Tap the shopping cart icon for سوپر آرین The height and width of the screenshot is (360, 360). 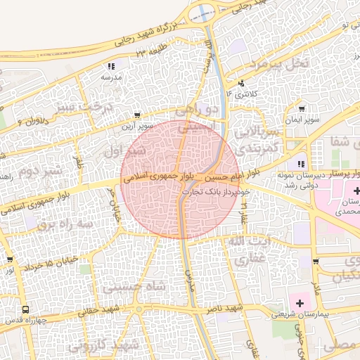pos(137,115)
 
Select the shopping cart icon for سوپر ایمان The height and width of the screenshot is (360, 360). pos(302,109)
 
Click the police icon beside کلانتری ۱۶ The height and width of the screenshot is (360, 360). pos(242,82)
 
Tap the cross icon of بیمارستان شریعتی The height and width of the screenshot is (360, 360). pos(301,304)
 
